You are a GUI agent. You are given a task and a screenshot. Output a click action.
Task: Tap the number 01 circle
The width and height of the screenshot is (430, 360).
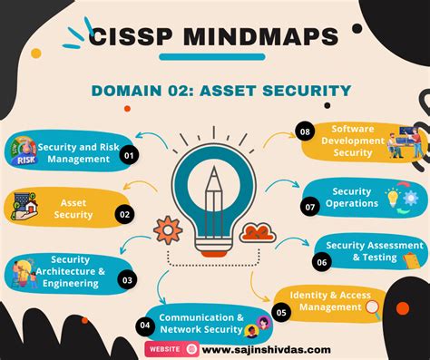tap(129, 155)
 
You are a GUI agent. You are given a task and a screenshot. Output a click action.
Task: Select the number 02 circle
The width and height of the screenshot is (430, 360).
tap(124, 215)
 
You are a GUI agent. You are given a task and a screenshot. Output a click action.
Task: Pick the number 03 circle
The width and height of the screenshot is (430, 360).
tap(127, 281)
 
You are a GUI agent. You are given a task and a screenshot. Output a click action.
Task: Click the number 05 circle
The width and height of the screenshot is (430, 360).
tap(281, 312)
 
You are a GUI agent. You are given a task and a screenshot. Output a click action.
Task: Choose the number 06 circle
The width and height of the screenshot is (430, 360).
tap(322, 262)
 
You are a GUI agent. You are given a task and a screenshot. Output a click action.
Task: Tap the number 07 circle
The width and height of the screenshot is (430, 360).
tap(311, 207)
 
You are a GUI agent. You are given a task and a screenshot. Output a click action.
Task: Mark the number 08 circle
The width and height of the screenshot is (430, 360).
tap(305, 132)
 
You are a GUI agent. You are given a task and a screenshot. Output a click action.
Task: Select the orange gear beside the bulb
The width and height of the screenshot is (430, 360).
tap(167, 229)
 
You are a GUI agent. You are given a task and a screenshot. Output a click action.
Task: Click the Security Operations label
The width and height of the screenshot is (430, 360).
tap(352, 198)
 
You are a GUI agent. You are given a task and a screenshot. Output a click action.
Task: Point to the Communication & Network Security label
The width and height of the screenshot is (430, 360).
tap(201, 324)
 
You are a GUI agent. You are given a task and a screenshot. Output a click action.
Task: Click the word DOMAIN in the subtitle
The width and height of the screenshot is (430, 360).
tap(126, 90)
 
